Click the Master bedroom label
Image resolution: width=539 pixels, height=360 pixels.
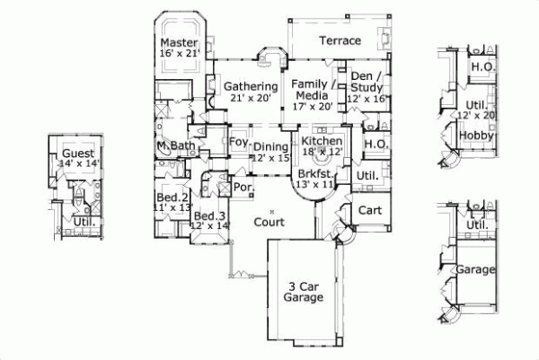(178, 42)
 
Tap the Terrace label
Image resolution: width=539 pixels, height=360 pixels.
(340, 40)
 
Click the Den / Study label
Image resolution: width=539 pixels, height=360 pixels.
(367, 82)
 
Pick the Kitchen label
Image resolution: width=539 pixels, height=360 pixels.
(320, 142)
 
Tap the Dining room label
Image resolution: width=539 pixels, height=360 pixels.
(270, 147)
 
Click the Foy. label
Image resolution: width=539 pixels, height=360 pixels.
(239, 142)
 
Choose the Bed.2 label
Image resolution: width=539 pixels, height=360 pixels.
(172, 198)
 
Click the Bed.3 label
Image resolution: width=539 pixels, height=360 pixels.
(208, 216)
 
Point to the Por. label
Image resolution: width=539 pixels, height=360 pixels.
(242, 188)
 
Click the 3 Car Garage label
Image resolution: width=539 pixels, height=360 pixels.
(302, 292)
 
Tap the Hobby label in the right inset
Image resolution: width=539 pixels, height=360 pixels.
(473, 135)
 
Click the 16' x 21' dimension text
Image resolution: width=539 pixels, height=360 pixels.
(178, 55)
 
